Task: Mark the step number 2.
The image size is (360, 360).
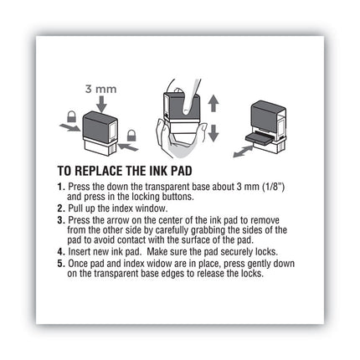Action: click(x=60, y=206)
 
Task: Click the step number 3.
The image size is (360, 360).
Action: click(x=60, y=219)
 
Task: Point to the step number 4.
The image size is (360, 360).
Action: click(x=60, y=251)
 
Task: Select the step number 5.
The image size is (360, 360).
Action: click(x=60, y=263)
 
